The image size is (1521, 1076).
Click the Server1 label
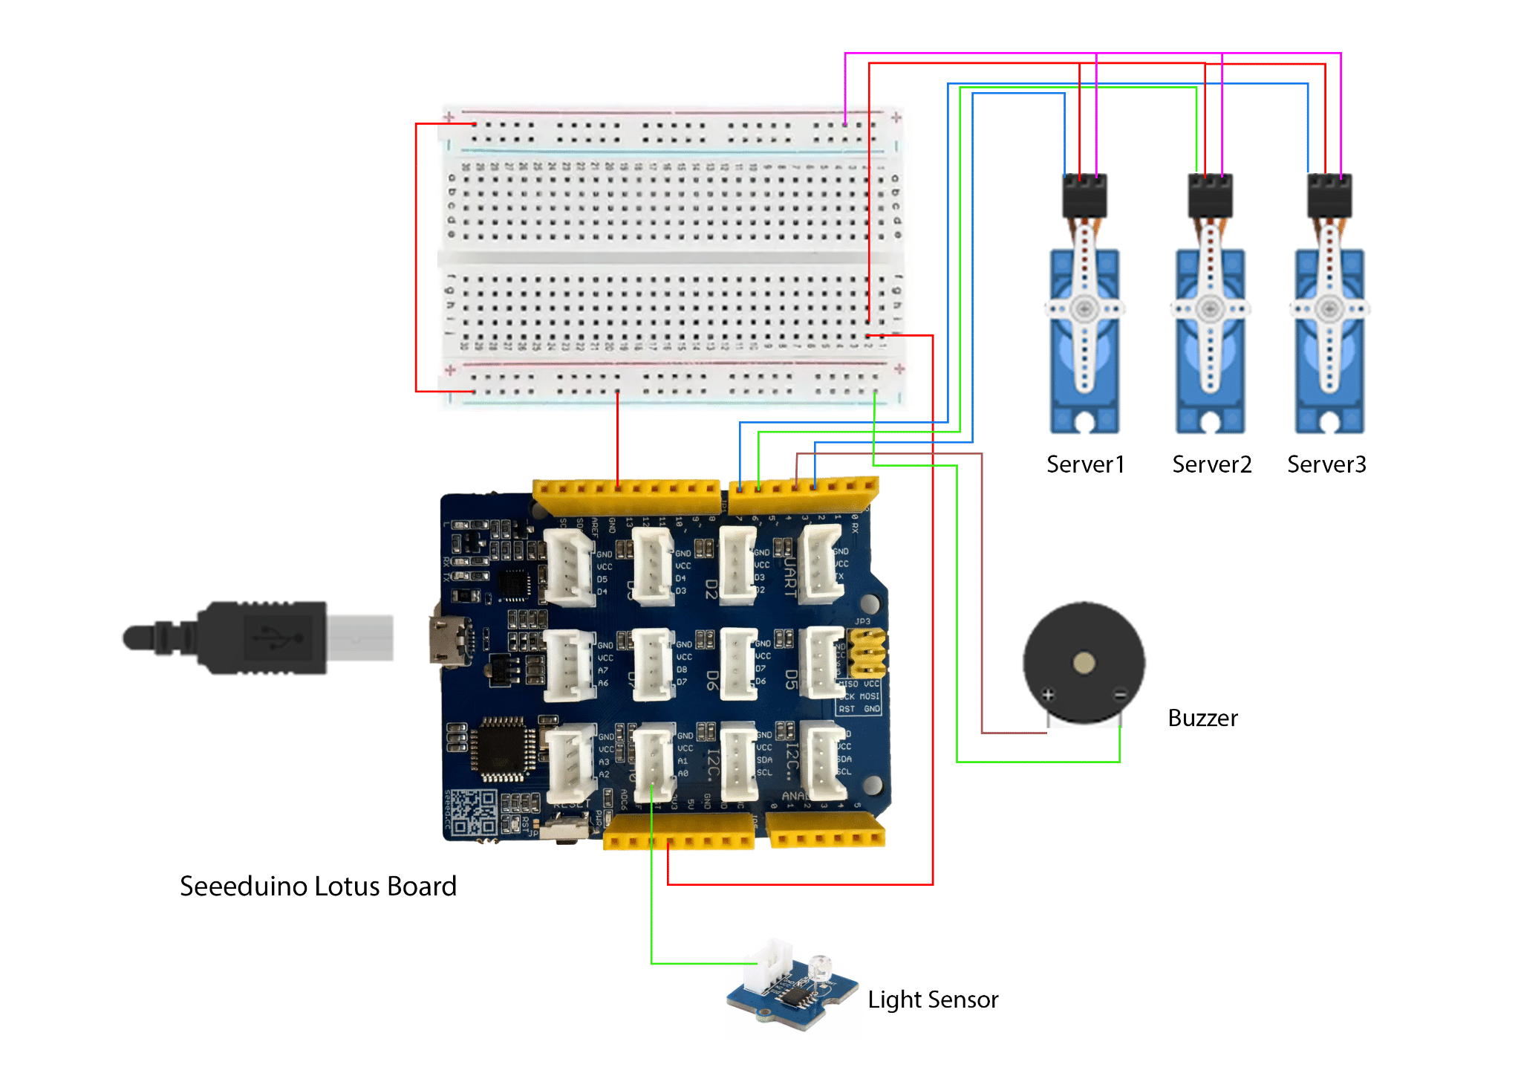tap(1085, 464)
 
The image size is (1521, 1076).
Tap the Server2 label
tap(1211, 464)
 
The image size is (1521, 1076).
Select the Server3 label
tap(1326, 464)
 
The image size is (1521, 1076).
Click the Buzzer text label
tap(1202, 718)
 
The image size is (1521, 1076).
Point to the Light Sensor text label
tap(933, 999)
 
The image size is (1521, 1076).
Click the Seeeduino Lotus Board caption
tap(318, 887)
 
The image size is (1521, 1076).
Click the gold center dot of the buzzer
tap(1084, 663)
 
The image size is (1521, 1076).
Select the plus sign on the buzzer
tap(1048, 695)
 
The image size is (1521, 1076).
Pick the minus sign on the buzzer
tap(1120, 695)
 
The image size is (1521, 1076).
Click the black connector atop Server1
tap(1085, 195)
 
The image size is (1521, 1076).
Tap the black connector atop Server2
tap(1211, 195)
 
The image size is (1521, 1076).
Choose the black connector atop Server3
tap(1329, 195)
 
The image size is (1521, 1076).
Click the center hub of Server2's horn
tap(1211, 308)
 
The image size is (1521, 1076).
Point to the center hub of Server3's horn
tap(1329, 308)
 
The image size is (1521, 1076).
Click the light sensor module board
tap(791, 992)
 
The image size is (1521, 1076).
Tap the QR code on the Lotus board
tap(474, 811)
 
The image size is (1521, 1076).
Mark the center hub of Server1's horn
tap(1084, 308)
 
